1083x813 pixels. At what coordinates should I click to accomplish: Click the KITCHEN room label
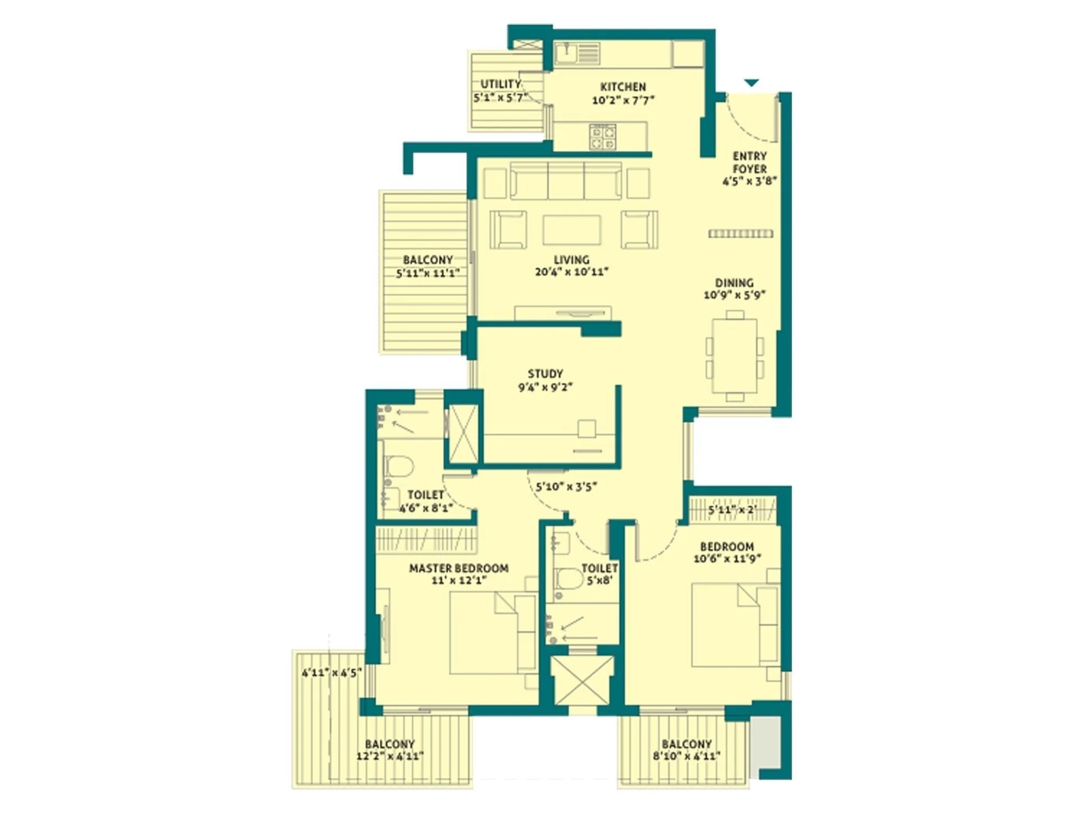coord(623,87)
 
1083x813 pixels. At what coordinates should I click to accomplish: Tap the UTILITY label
coord(501,84)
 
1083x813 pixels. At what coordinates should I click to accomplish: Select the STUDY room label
coord(545,373)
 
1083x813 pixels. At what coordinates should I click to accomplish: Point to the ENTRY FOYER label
coord(749,162)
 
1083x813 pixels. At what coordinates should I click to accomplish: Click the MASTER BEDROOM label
coord(459,568)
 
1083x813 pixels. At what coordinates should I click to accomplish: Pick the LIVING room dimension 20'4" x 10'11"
coord(571,272)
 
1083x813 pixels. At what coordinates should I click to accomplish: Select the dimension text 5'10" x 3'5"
coord(566,487)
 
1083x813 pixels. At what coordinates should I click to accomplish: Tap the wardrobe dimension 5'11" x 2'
coord(732,510)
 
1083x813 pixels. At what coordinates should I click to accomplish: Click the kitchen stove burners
coord(603,137)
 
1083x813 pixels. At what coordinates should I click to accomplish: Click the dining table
coord(735,356)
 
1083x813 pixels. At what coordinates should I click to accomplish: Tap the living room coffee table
coord(572,230)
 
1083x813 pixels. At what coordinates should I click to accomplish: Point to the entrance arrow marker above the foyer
coord(751,83)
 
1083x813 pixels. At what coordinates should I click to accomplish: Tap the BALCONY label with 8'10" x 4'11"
coord(686,750)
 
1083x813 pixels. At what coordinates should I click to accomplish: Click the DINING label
coord(734,282)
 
